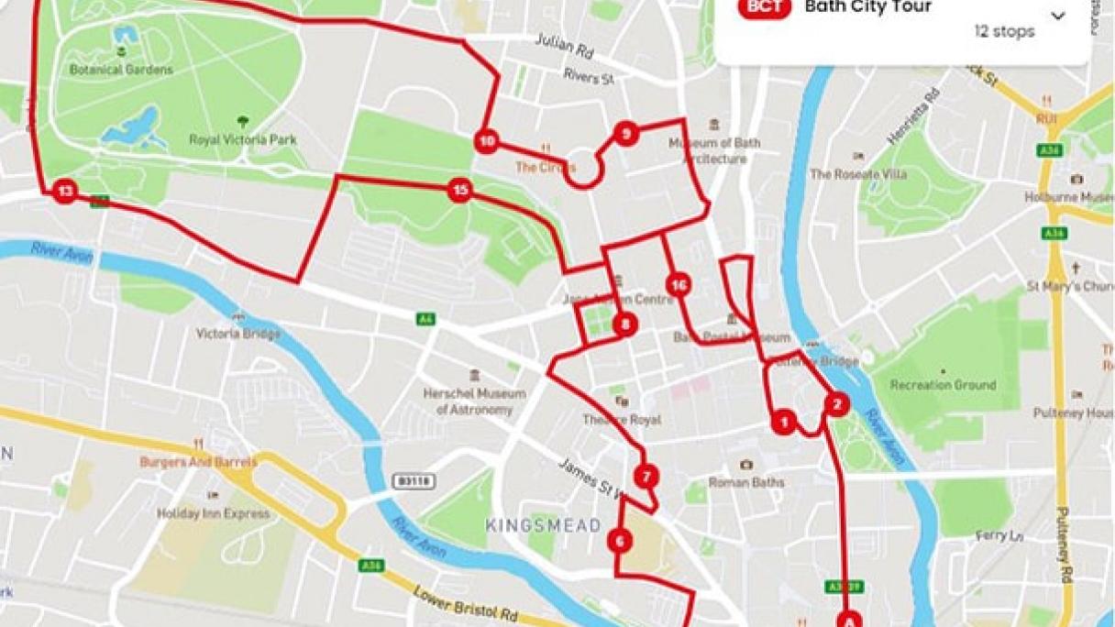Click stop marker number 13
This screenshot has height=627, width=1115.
(64, 192)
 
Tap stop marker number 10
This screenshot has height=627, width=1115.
(487, 141)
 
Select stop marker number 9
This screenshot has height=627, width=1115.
(625, 134)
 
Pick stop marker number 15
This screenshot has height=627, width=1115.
(459, 191)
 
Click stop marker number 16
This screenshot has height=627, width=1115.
(678, 285)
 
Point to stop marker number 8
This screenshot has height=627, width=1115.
(624, 324)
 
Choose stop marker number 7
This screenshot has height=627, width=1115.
(646, 477)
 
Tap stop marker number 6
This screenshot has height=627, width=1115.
(620, 541)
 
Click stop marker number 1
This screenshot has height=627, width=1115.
(783, 423)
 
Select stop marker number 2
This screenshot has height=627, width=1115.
(835, 403)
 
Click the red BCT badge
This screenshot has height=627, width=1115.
(765, 7)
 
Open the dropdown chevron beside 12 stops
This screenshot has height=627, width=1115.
(1058, 16)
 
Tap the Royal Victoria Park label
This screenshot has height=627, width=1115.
(243, 140)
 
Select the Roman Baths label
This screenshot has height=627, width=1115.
(746, 482)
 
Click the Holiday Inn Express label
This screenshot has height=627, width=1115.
(214, 513)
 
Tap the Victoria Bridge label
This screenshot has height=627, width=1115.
(237, 334)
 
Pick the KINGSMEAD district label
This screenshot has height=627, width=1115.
(543, 525)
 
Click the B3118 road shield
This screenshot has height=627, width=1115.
(414, 481)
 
